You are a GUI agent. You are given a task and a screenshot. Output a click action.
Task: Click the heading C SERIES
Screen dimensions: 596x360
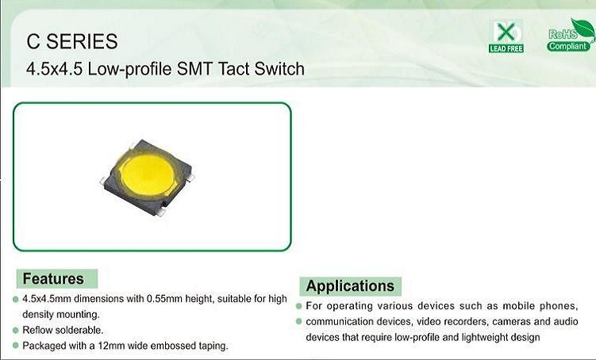pyautogui.click(x=72, y=41)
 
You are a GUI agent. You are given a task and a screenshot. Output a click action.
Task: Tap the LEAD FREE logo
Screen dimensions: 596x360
pyautogui.click(x=506, y=36)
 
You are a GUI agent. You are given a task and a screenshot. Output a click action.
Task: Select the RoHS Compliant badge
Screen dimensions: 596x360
pyautogui.click(x=570, y=36)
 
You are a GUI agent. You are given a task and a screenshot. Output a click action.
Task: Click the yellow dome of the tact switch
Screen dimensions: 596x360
pyautogui.click(x=148, y=175)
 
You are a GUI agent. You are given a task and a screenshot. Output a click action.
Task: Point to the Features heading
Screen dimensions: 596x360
pyautogui.click(x=53, y=279)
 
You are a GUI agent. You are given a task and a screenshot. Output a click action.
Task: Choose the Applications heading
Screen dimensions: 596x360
pyautogui.click(x=350, y=286)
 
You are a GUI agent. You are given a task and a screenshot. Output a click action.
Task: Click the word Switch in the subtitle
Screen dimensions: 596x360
pyautogui.click(x=279, y=69)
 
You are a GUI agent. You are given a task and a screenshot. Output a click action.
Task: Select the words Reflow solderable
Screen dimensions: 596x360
pyautogui.click(x=63, y=330)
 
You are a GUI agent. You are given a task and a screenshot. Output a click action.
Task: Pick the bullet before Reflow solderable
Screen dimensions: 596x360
pyautogui.click(x=16, y=331)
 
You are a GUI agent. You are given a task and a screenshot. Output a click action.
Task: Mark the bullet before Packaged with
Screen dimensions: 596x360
pyautogui.click(x=16, y=346)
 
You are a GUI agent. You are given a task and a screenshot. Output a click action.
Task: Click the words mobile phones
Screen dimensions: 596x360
pyautogui.click(x=540, y=306)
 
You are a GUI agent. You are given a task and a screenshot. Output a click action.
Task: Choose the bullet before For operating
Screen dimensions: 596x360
pyautogui.click(x=298, y=306)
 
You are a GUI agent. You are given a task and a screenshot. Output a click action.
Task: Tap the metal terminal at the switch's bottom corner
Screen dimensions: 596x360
pyautogui.click(x=161, y=213)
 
